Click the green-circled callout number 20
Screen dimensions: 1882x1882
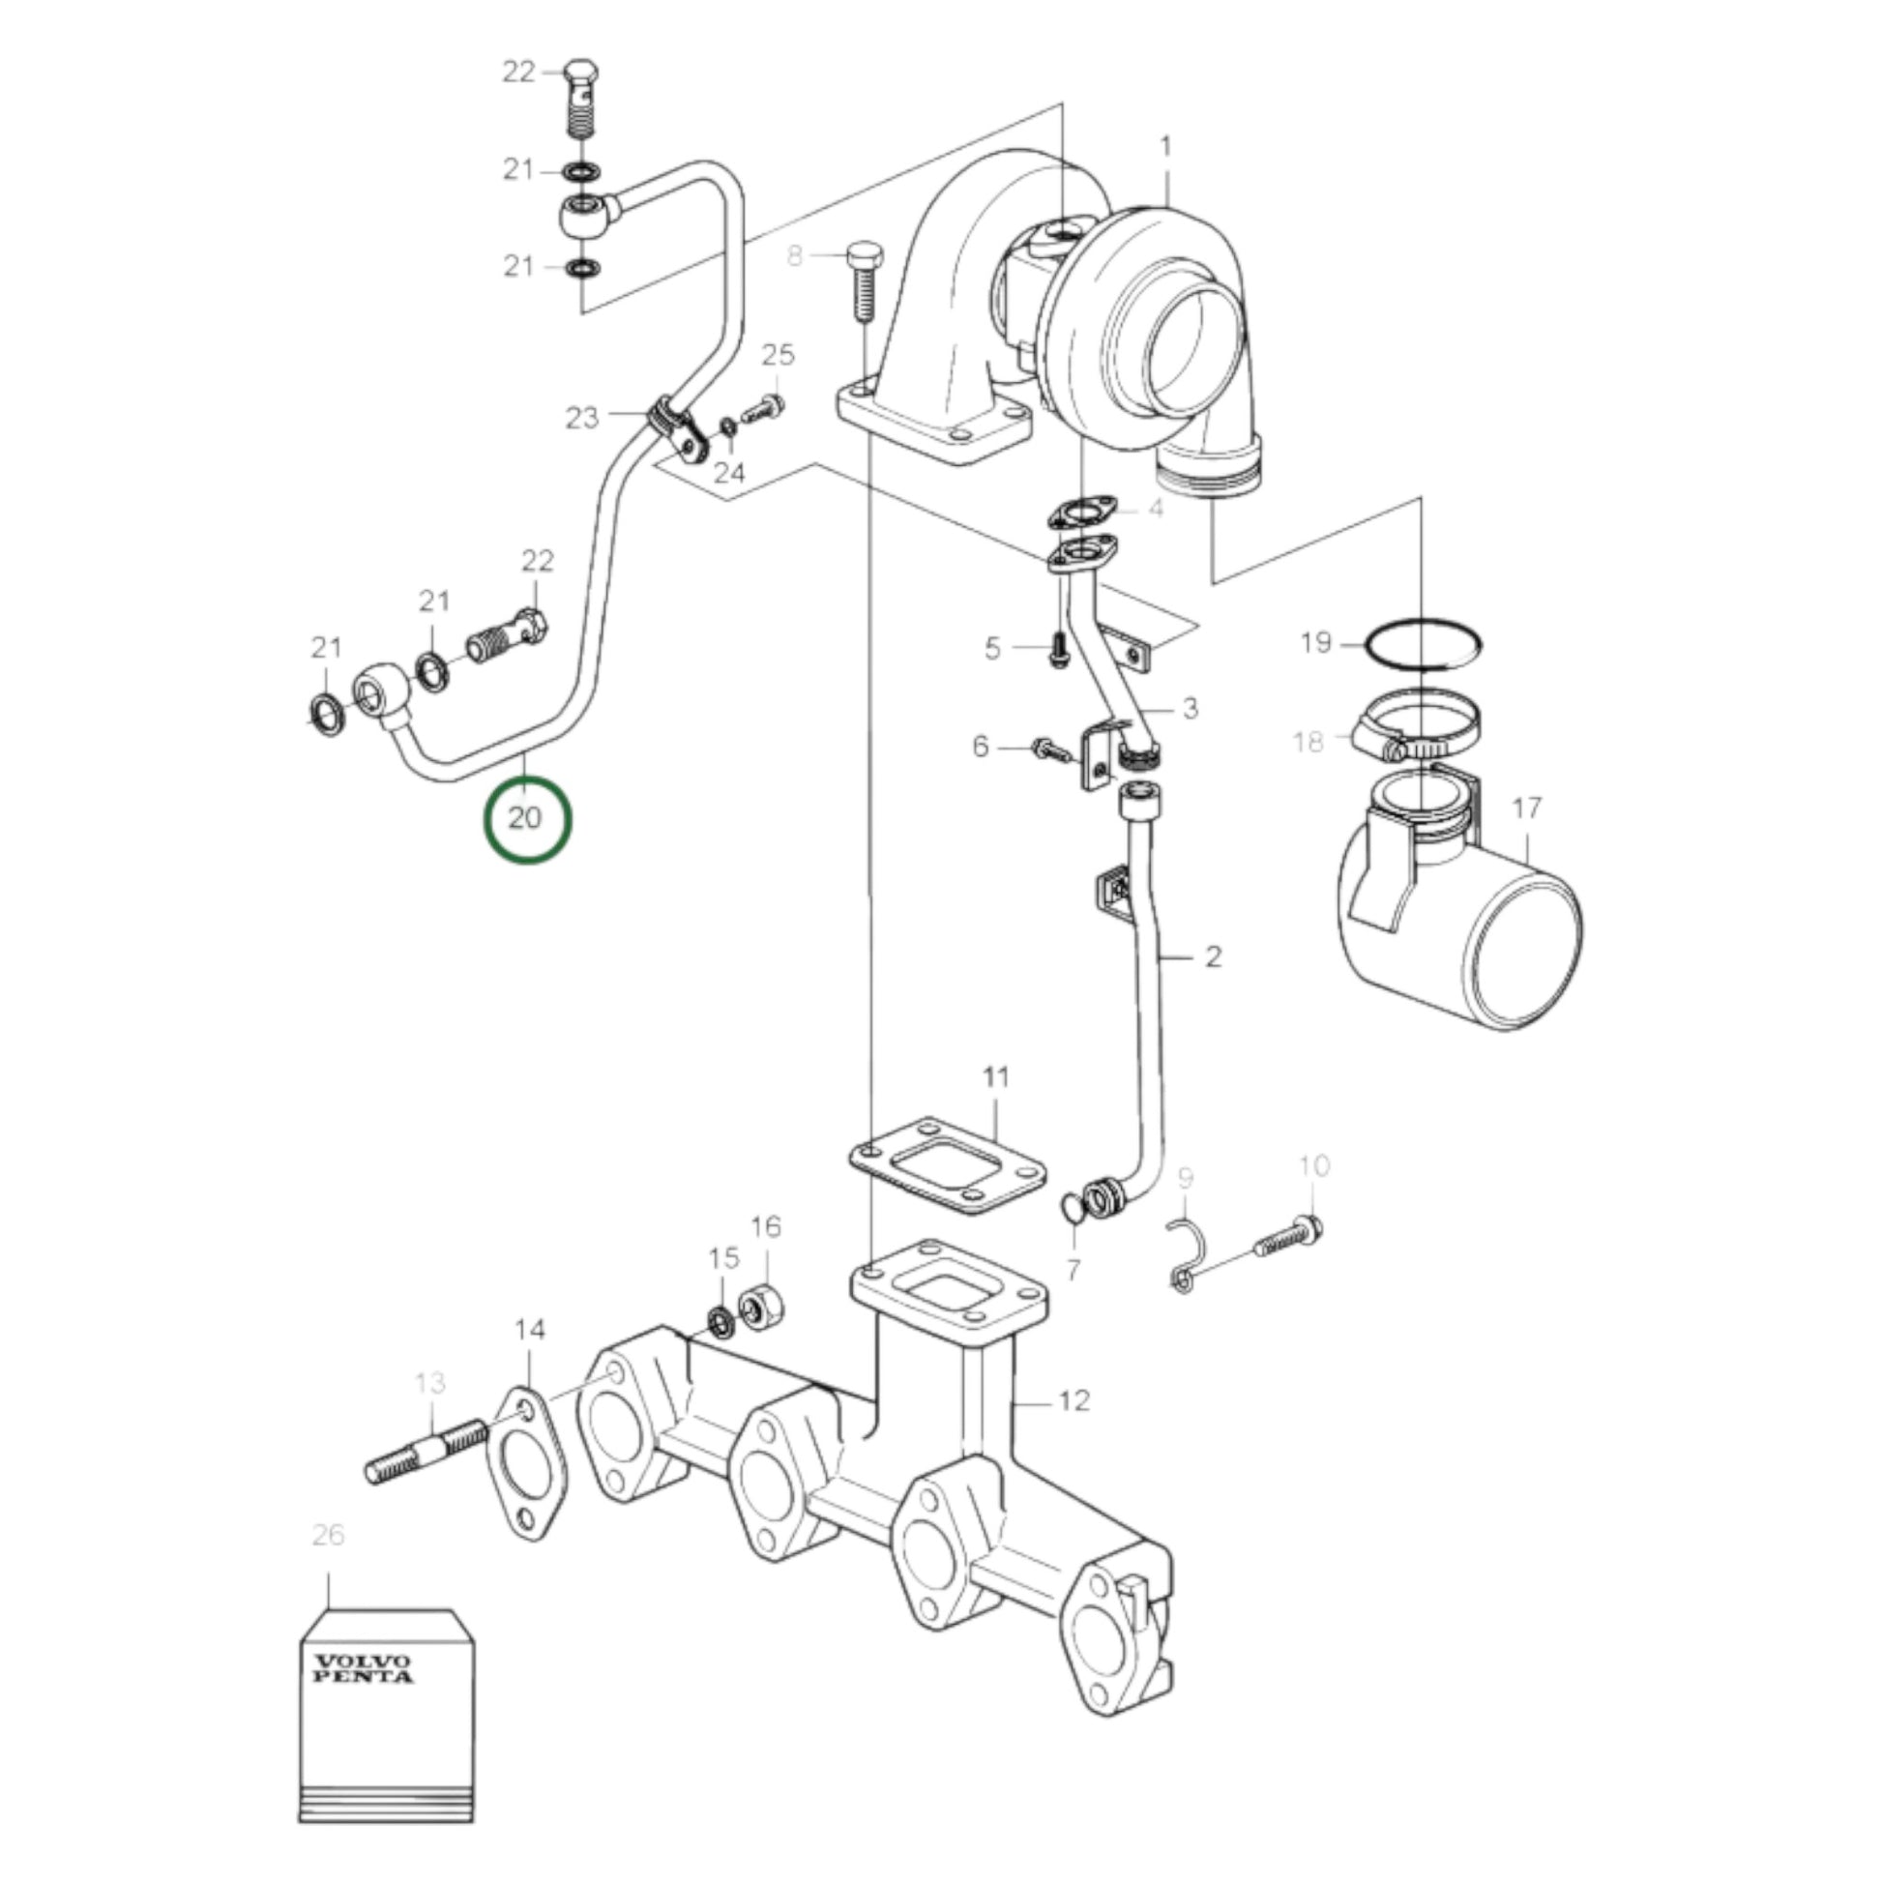click(525, 817)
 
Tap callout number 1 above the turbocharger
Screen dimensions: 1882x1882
click(1166, 147)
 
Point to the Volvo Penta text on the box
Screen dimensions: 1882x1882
click(364, 1667)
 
